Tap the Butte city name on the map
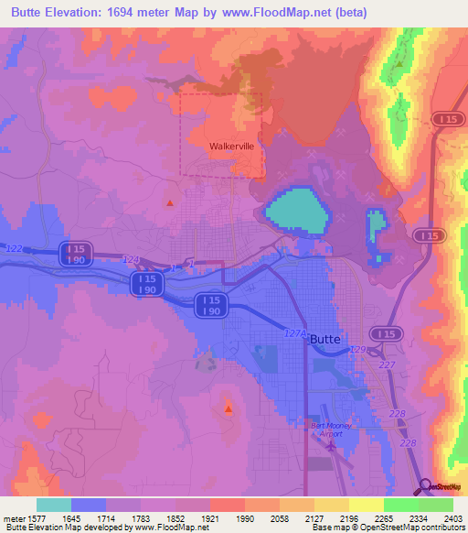(x=325, y=339)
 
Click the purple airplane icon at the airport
(x=330, y=445)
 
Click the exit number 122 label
(x=14, y=248)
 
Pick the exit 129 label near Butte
(x=357, y=351)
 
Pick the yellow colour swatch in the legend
(x=366, y=505)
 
